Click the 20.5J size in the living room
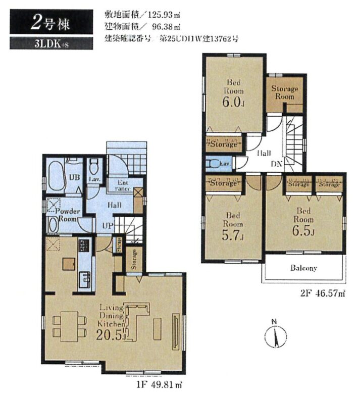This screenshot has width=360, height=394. [x=112, y=333]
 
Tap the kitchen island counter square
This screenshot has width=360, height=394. [x=69, y=264]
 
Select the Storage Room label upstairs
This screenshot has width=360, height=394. [x=284, y=92]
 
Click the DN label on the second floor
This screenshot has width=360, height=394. [x=277, y=164]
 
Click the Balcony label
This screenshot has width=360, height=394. [x=303, y=268]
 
